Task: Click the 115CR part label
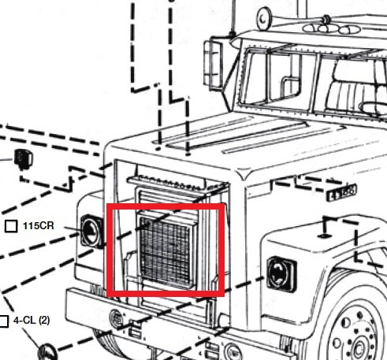[x=39, y=225]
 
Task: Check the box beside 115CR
[x=11, y=226]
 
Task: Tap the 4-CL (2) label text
[x=32, y=321]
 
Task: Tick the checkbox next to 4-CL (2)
[x=4, y=321]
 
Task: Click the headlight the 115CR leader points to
[x=91, y=232]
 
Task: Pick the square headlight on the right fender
[x=281, y=274]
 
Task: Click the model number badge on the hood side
[x=341, y=192]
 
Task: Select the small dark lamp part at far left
[x=23, y=159]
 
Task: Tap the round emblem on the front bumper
[x=116, y=318]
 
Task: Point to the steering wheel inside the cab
[x=373, y=108]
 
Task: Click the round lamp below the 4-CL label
[x=47, y=352]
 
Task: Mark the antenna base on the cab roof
[x=232, y=34]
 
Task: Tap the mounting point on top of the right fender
[x=325, y=236]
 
